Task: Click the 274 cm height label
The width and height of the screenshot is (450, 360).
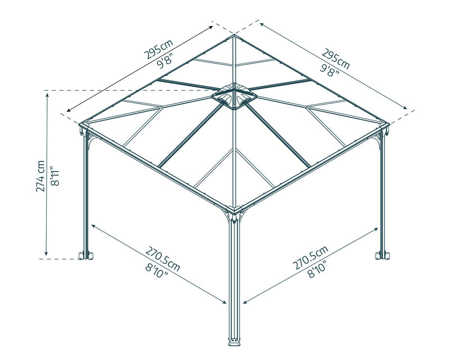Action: tap(40, 176)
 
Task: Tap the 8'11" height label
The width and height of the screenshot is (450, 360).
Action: tap(55, 175)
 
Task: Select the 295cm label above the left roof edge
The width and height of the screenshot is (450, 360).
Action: tap(159, 49)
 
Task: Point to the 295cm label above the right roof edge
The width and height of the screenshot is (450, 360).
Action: tap(336, 59)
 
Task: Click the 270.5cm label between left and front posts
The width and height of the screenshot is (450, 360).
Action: tap(163, 259)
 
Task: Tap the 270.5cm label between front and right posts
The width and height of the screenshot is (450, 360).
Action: tap(310, 258)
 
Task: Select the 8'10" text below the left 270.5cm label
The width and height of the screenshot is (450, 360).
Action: tap(157, 271)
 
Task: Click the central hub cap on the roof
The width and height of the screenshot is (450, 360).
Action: tap(234, 96)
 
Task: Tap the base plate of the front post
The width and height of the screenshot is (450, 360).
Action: tap(235, 343)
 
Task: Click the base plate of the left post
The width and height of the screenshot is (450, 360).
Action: tap(86, 255)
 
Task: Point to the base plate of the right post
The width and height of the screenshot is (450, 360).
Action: tap(382, 255)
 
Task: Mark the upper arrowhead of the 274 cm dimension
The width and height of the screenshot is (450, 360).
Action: tap(46, 95)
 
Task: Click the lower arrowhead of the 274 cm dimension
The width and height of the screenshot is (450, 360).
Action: tap(46, 253)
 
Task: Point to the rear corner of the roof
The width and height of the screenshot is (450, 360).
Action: tap(235, 35)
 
